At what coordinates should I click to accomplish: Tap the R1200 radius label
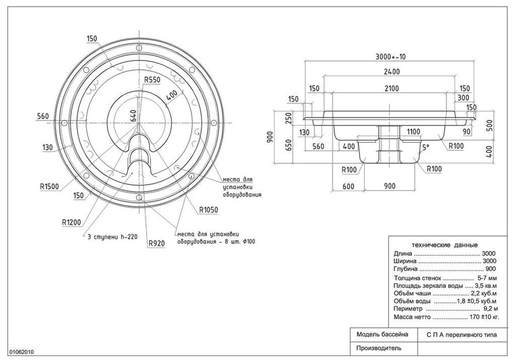pyautogui.click(x=71, y=223)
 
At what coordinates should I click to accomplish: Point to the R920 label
pyautogui.click(x=156, y=243)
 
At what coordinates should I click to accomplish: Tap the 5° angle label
pyautogui.click(x=426, y=146)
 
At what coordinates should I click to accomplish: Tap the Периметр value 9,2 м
pyautogui.click(x=488, y=308)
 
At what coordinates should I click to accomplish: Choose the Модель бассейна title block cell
pyautogui.click(x=382, y=334)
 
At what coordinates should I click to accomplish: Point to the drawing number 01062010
pyautogui.click(x=22, y=351)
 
